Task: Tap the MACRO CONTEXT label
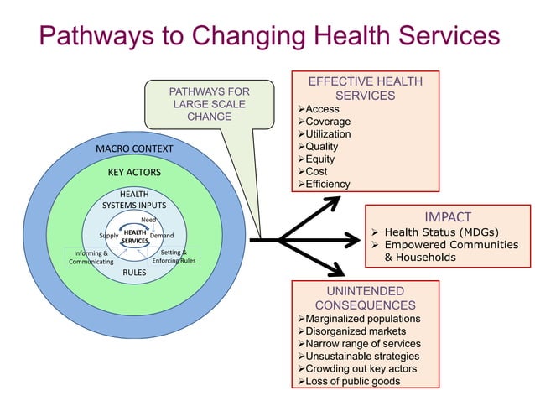(134, 149)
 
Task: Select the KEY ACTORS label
(134, 172)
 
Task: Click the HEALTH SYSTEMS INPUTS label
(134, 199)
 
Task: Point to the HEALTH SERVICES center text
(134, 237)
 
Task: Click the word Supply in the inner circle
(108, 236)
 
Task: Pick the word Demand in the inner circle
(161, 236)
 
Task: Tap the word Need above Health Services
(148, 220)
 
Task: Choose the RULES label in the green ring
(134, 273)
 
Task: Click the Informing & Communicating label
(90, 257)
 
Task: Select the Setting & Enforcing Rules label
(174, 256)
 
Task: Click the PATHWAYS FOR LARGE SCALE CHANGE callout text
(210, 103)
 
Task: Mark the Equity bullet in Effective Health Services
(322, 159)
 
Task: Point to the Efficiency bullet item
(328, 184)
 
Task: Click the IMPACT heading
(448, 216)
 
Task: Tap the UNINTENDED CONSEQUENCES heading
(364, 298)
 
